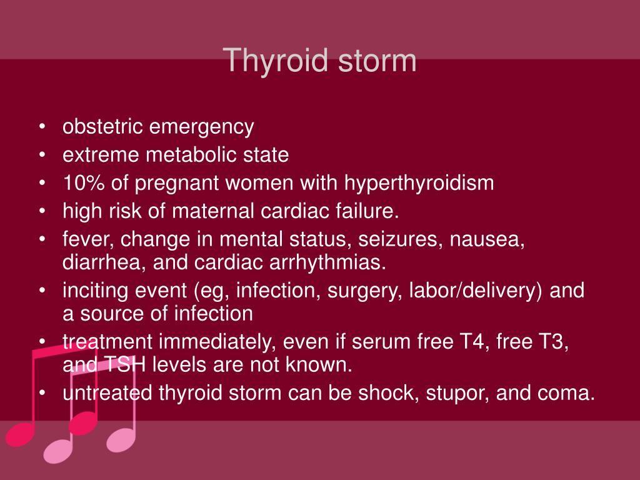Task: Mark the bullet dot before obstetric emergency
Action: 41,127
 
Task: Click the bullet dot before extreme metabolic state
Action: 41,156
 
